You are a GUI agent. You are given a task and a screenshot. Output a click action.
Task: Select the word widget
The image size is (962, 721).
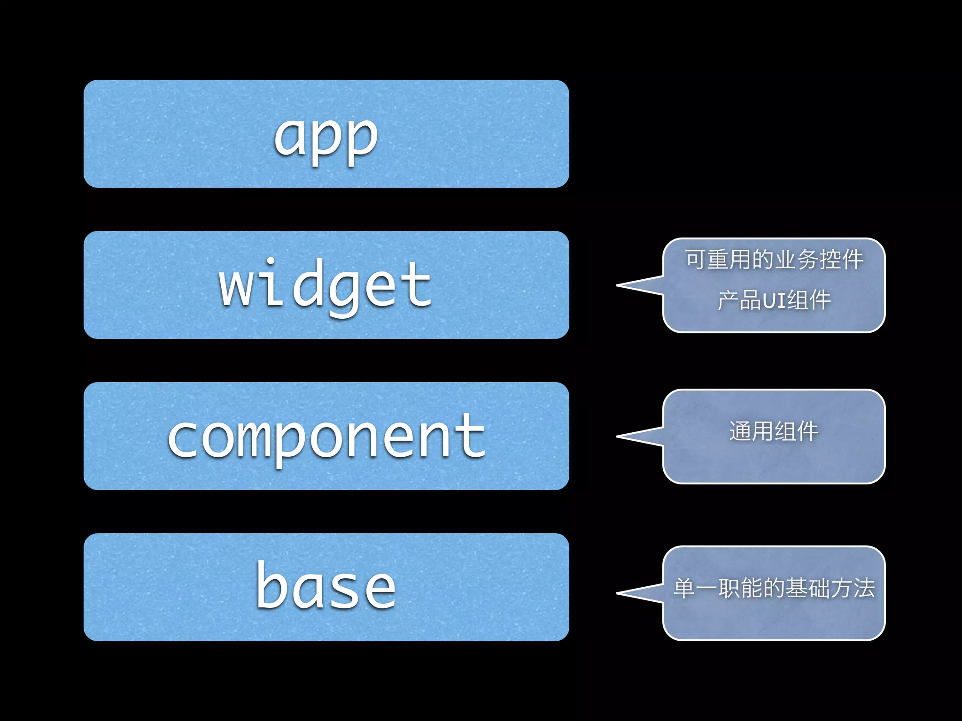(325, 285)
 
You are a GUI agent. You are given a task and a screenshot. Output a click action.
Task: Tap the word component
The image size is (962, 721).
(326, 437)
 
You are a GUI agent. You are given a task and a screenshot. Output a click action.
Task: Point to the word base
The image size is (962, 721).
(326, 587)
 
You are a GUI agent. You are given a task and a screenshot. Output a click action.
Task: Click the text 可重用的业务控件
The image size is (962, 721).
(774, 260)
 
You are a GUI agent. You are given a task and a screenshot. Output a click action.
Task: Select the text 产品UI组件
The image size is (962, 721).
(774, 300)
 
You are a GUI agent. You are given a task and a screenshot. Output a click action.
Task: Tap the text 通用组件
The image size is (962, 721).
(774, 431)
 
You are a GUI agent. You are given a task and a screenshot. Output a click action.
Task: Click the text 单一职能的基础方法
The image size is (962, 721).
(774, 588)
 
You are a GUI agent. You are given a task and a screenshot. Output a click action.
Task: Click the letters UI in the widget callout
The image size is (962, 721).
(774, 301)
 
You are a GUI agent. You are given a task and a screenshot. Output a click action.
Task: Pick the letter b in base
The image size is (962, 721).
(271, 585)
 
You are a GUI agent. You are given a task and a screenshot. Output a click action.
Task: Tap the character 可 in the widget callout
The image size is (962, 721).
(695, 260)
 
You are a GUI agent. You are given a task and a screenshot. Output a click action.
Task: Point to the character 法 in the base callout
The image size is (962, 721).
(864, 588)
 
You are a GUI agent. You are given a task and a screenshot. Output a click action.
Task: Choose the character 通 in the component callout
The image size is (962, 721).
(740, 431)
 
